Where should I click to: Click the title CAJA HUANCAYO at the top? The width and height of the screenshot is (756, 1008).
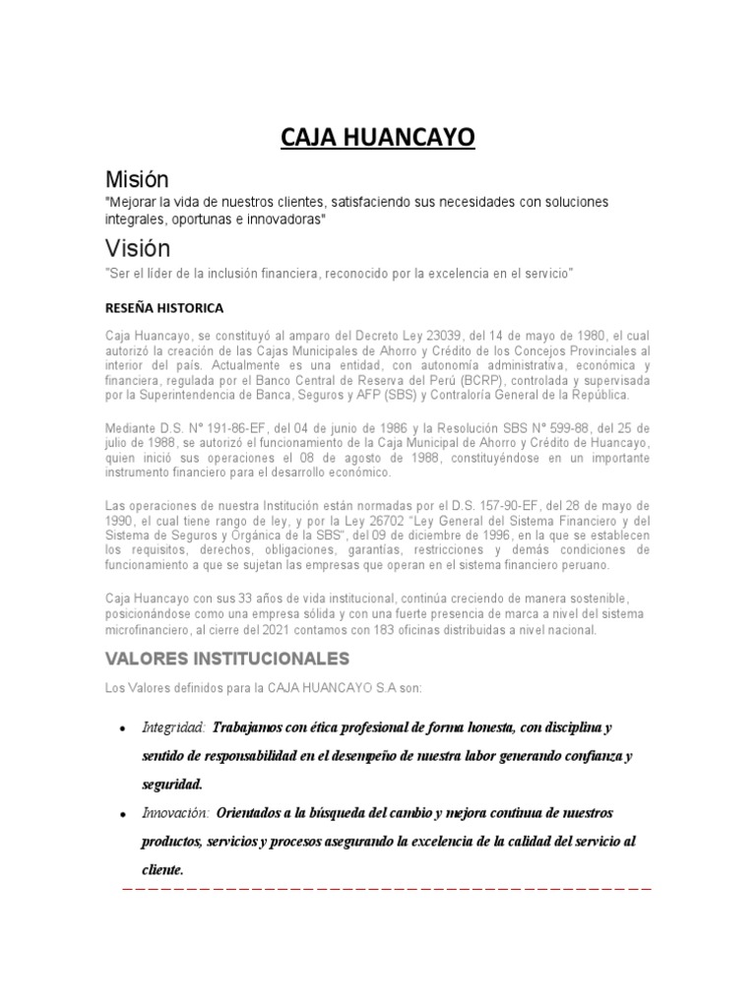tap(378, 138)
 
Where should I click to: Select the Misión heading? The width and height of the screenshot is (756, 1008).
tap(137, 179)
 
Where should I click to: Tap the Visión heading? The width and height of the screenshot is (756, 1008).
tap(137, 248)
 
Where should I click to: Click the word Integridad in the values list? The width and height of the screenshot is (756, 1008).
tap(173, 727)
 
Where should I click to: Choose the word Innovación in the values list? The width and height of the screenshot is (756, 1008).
tap(176, 814)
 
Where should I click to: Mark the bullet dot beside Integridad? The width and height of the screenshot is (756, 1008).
tap(121, 729)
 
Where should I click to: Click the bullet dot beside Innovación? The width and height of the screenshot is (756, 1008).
tap(121, 816)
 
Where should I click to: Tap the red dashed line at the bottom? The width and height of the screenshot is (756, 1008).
tap(385, 889)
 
